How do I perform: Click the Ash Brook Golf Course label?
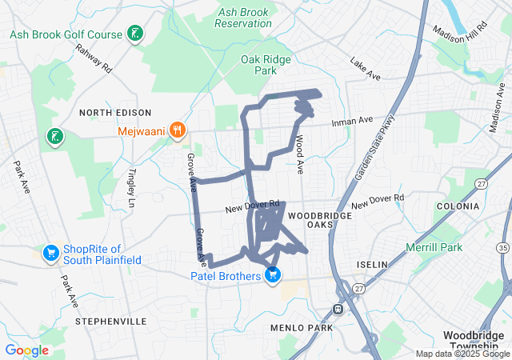click(66, 34)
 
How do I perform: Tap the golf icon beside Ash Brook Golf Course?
click(136, 34)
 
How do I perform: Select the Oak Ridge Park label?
click(265, 65)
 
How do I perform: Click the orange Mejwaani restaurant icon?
click(178, 129)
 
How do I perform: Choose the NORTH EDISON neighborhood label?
click(110, 113)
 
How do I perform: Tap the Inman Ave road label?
click(353, 121)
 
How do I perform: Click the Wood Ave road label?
click(299, 155)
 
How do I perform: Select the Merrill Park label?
click(434, 247)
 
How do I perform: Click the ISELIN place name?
click(373, 264)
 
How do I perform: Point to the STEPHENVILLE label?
click(110, 321)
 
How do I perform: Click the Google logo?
click(26, 350)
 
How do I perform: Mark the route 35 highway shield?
click(502, 249)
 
